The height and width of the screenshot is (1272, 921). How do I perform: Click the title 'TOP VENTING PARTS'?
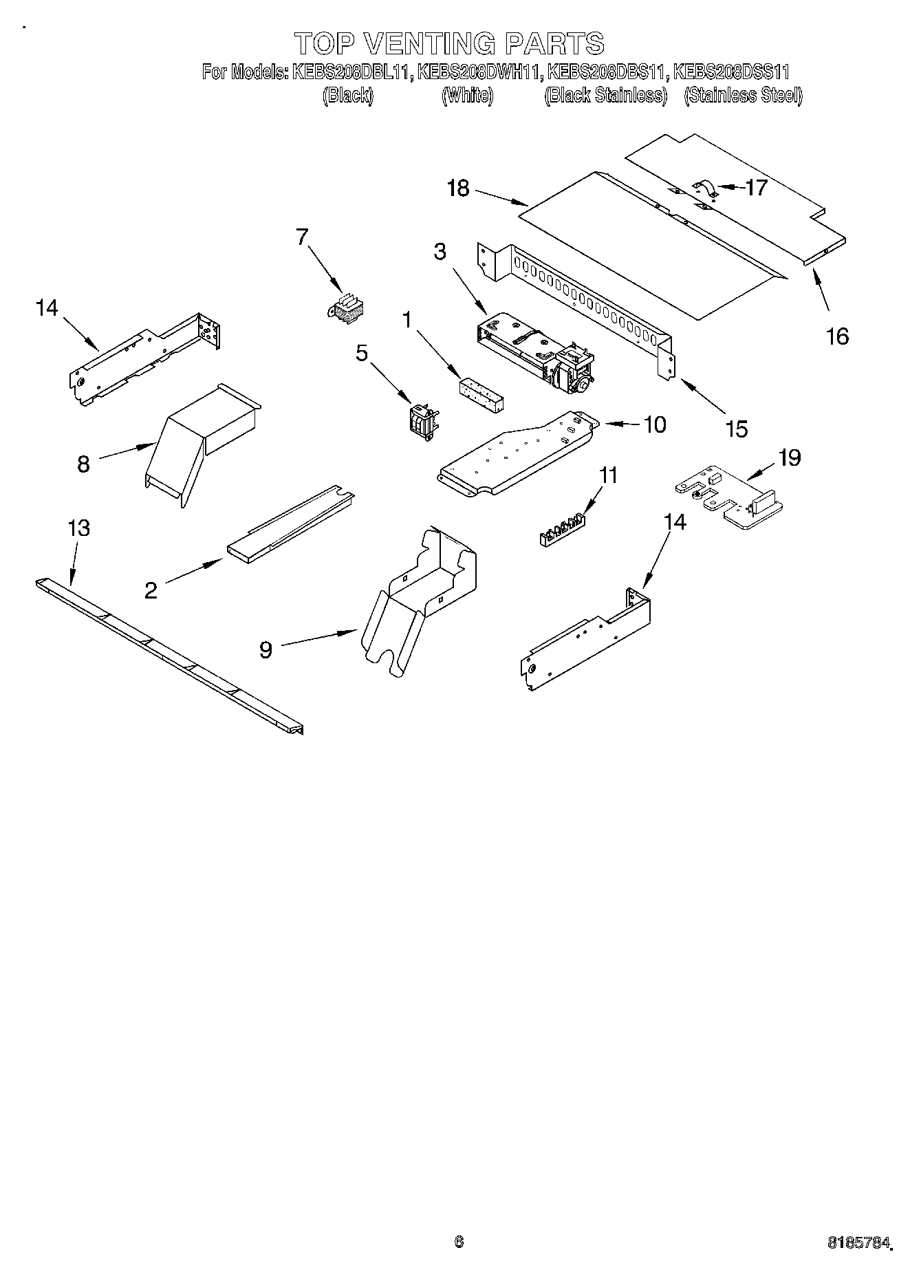449,43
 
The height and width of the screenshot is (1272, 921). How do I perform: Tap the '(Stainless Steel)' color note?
743,96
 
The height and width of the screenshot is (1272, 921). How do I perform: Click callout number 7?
301,237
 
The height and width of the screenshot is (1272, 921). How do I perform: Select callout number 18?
457,188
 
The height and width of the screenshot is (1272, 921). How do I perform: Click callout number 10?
655,424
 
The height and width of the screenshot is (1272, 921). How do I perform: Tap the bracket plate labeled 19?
729,501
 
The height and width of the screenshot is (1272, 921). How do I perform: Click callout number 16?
837,336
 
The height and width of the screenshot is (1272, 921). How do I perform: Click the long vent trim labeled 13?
169,653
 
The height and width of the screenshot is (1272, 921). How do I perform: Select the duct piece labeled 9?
420,592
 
